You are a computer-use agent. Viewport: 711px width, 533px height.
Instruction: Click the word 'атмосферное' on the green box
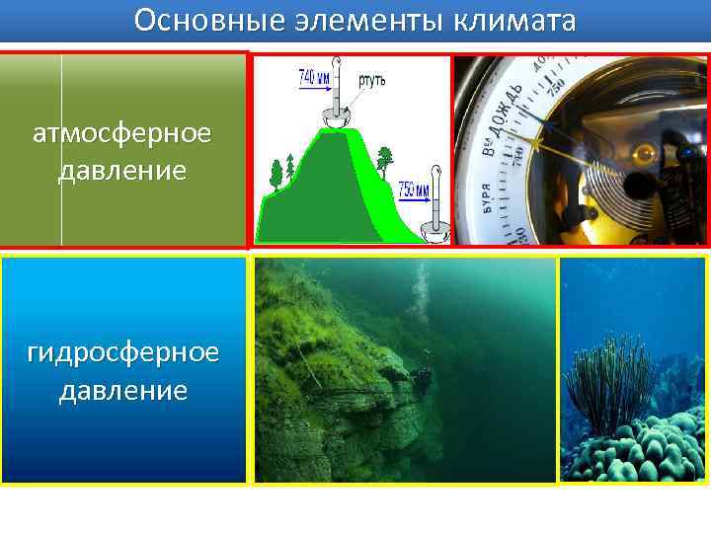tap(122, 133)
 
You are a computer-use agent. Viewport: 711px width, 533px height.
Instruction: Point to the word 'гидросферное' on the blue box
tap(122, 352)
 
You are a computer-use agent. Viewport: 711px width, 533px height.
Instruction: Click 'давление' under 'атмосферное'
tap(122, 171)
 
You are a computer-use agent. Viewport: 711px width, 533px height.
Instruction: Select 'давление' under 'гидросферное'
tap(122, 390)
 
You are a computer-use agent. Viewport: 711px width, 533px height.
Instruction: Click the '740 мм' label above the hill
tap(314, 76)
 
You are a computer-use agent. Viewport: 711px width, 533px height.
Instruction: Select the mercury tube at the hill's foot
tap(434, 212)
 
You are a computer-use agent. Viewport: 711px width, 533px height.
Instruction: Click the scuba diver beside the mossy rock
tap(423, 380)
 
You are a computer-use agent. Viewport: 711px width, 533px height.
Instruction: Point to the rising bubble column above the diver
tap(423, 296)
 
